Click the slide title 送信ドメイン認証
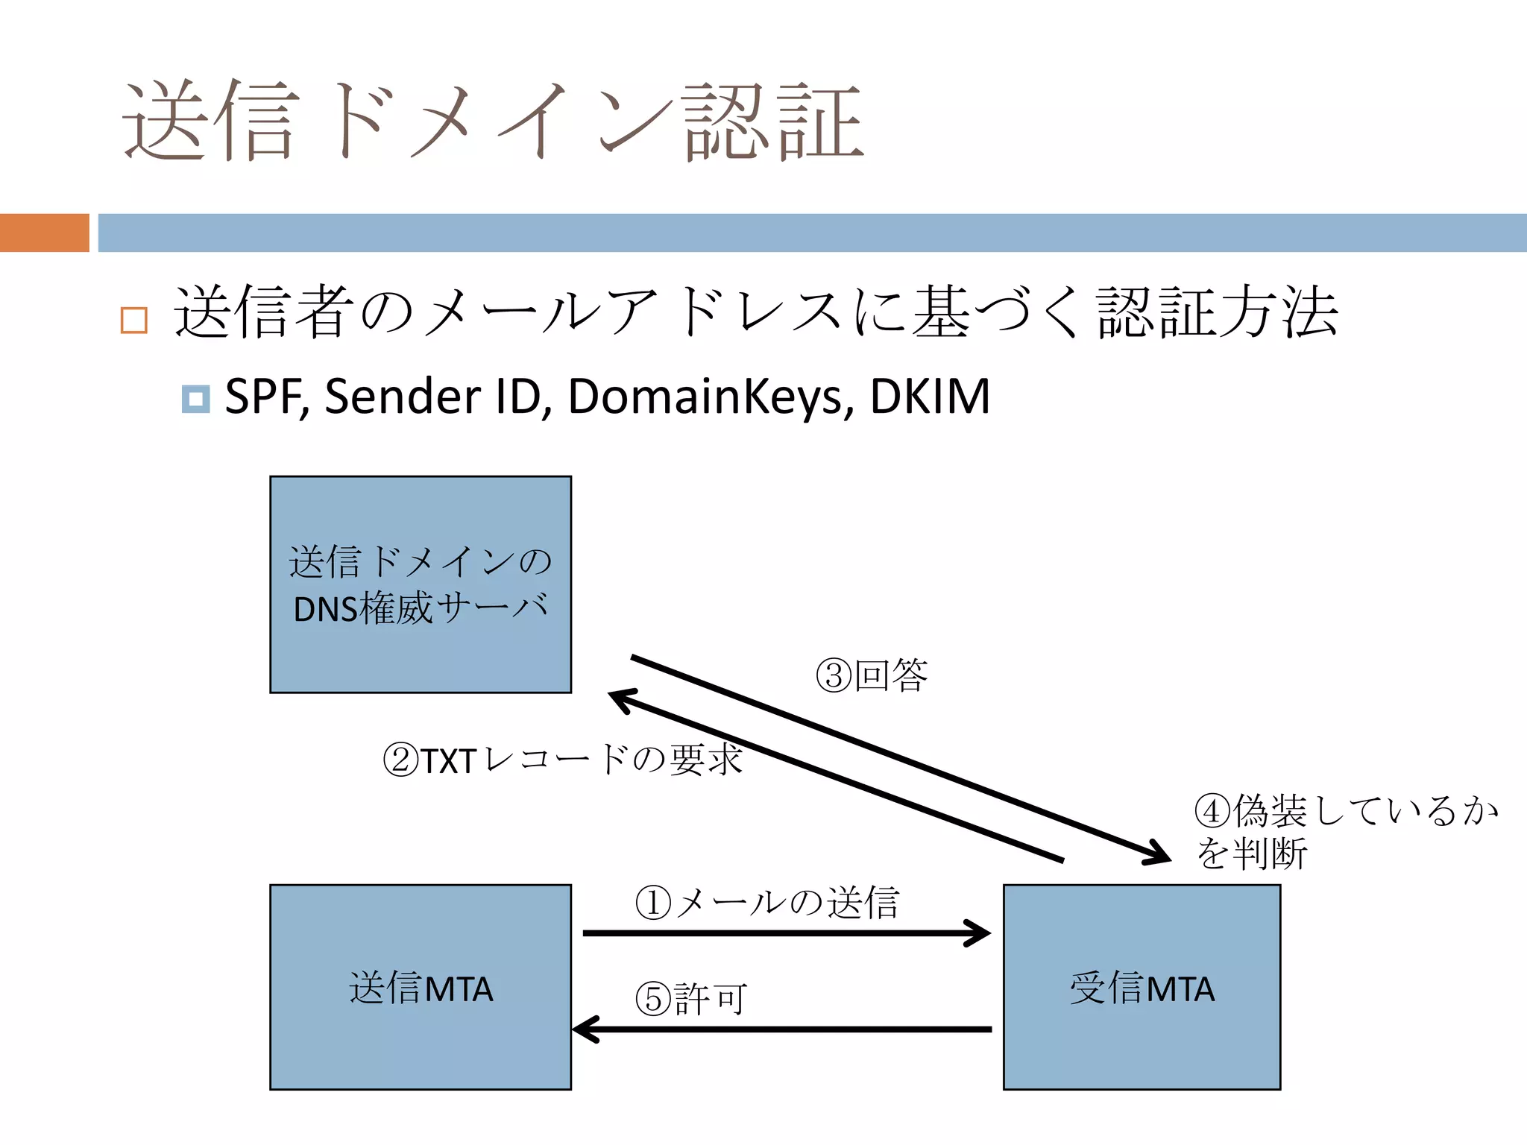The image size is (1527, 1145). [x=492, y=121]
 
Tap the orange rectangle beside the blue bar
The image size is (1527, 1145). [x=44, y=233]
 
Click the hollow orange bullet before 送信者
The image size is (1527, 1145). [x=134, y=320]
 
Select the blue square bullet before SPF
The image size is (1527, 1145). [x=195, y=399]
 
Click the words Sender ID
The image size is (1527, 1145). [x=432, y=396]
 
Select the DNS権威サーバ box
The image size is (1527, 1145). [x=421, y=584]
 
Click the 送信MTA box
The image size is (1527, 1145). [x=421, y=987]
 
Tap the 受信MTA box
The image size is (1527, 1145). [x=1142, y=987]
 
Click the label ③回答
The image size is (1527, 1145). [x=872, y=675]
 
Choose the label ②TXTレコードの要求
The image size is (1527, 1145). [x=562, y=760]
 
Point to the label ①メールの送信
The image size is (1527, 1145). [x=766, y=903]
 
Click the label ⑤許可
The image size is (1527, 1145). [x=690, y=999]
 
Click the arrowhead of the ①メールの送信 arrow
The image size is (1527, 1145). [x=983, y=933]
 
